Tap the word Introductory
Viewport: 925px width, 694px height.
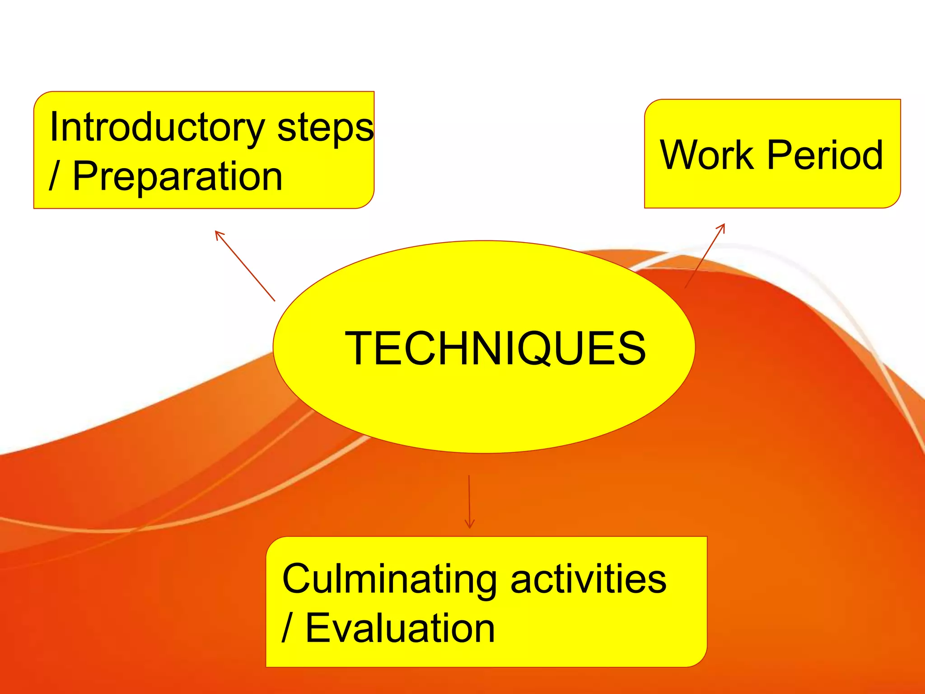pyautogui.click(x=157, y=128)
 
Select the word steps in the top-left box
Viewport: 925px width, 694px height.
pyautogui.click(x=325, y=128)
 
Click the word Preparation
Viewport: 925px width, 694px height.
pyautogui.click(x=178, y=176)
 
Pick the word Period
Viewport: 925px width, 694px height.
pyautogui.click(x=825, y=155)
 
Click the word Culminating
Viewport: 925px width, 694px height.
pyautogui.click(x=389, y=580)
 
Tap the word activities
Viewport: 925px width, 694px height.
pyautogui.click(x=588, y=580)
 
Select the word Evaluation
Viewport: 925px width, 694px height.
pyautogui.click(x=400, y=628)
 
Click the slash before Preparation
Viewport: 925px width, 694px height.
pyautogui.click(x=54, y=176)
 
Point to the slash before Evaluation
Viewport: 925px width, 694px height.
pyautogui.click(x=286, y=628)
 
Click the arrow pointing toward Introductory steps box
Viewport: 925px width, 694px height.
pyautogui.click(x=245, y=266)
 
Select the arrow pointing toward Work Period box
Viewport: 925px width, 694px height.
pyautogui.click(x=705, y=256)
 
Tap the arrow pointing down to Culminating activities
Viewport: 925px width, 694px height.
pyautogui.click(x=469, y=502)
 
